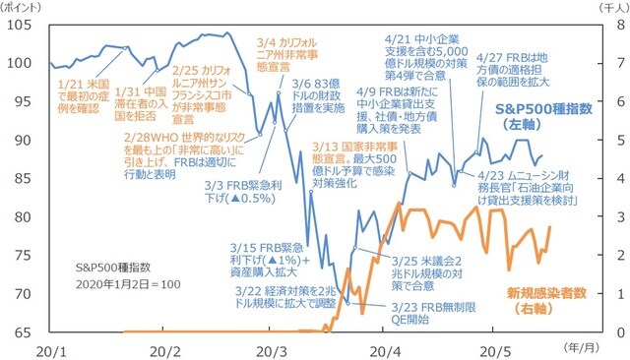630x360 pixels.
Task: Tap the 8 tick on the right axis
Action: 609,25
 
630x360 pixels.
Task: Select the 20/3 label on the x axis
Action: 272,349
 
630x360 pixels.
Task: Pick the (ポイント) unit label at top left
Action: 23,7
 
